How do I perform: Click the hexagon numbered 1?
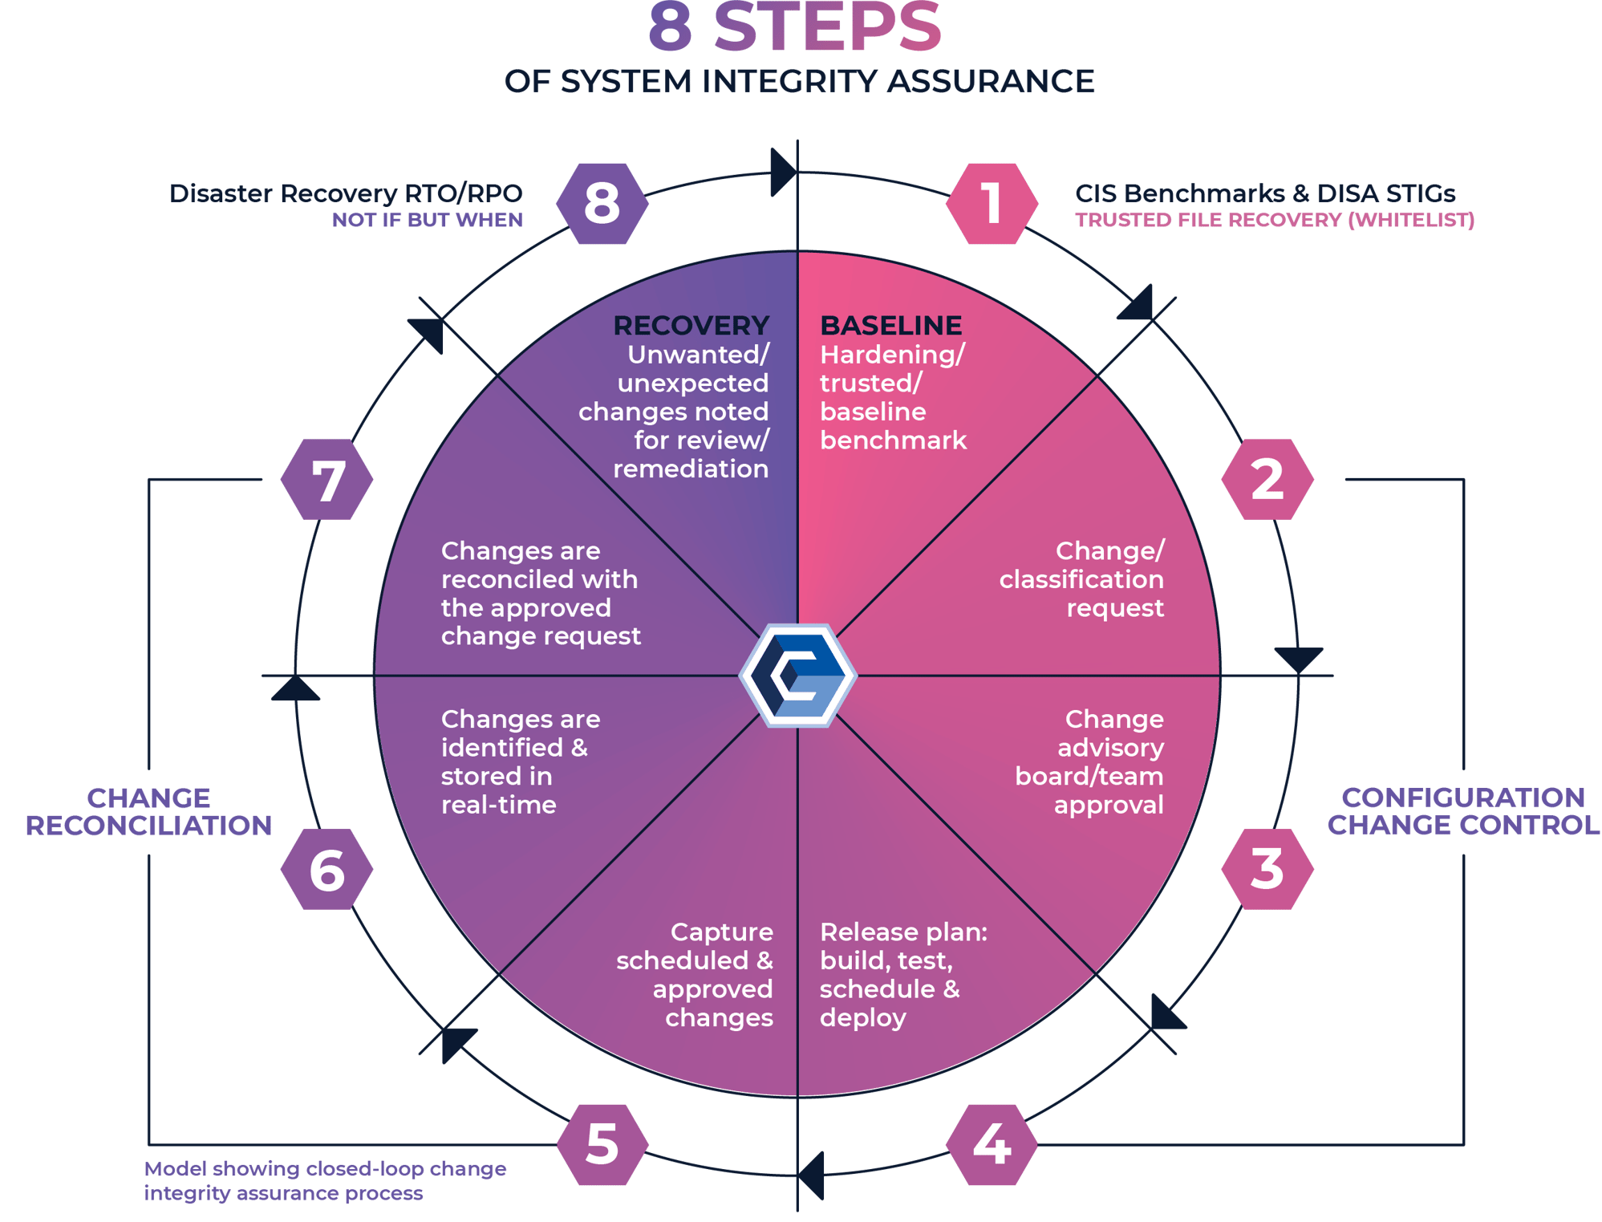[992, 203]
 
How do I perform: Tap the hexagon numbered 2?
[1267, 479]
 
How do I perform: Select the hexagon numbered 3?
[1267, 869]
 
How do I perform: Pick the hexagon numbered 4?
[992, 1144]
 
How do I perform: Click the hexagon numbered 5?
[602, 1144]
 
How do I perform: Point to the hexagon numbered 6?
[327, 870]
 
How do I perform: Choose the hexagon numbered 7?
[327, 480]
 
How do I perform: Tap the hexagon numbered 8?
[602, 203]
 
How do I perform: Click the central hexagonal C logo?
[797, 676]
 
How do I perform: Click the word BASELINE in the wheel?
[890, 325]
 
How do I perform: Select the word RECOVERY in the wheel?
[691, 325]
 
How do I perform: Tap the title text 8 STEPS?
[794, 29]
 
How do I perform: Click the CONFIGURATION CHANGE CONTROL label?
[1463, 811]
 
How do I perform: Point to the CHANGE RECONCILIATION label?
[149, 811]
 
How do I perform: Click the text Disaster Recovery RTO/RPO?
[346, 193]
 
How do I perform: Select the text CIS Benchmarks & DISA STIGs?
[1265, 193]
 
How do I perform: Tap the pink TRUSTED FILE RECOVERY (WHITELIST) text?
[1275, 220]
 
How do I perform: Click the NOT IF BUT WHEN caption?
[428, 220]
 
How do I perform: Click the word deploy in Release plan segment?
[862, 1017]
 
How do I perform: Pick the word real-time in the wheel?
[498, 805]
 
